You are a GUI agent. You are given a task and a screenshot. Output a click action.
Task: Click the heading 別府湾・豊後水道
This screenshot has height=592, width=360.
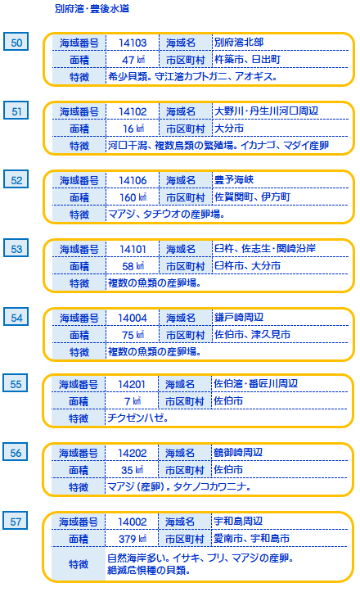pos(92,9)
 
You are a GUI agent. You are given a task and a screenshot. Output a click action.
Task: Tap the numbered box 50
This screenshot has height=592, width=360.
pos(16,42)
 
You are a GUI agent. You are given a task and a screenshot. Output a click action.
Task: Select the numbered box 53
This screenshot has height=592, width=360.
pos(16,248)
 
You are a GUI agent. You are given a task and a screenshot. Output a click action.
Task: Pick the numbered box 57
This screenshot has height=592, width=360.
pos(15,521)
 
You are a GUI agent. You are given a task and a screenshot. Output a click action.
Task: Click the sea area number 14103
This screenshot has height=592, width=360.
pos(133,43)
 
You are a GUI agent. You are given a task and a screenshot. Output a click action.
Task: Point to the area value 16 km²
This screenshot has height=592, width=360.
pos(133,129)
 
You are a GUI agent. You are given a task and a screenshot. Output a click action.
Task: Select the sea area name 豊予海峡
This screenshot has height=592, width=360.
pos(234,179)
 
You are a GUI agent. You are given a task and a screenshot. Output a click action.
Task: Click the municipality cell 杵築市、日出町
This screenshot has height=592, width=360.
pos(248,59)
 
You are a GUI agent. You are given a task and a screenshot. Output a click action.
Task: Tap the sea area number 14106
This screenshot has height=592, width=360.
pos(133,180)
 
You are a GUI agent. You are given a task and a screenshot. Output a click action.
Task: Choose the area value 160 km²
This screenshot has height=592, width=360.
pos(133,197)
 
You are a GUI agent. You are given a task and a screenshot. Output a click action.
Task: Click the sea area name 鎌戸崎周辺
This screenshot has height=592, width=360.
pos(239,317)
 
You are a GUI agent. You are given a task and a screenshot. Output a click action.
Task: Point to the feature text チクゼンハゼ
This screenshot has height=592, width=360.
pos(137,418)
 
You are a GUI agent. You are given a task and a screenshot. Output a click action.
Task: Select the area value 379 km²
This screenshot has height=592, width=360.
pos(133,539)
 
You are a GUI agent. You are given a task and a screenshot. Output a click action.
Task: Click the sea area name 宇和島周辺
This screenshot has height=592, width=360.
pos(238,521)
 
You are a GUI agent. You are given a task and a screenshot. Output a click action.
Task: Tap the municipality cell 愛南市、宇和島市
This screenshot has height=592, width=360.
pos(251,539)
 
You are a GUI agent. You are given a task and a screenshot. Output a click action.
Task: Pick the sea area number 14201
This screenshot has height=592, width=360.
pos(132,384)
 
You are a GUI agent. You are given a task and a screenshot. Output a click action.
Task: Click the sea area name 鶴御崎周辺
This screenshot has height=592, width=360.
pos(238,452)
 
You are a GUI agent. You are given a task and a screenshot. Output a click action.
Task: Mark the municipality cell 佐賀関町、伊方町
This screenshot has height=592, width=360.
pos(253,197)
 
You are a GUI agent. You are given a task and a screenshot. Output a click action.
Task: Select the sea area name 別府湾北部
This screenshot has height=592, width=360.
pos(239,42)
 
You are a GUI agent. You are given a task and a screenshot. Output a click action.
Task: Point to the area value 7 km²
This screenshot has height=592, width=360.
pos(133,401)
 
